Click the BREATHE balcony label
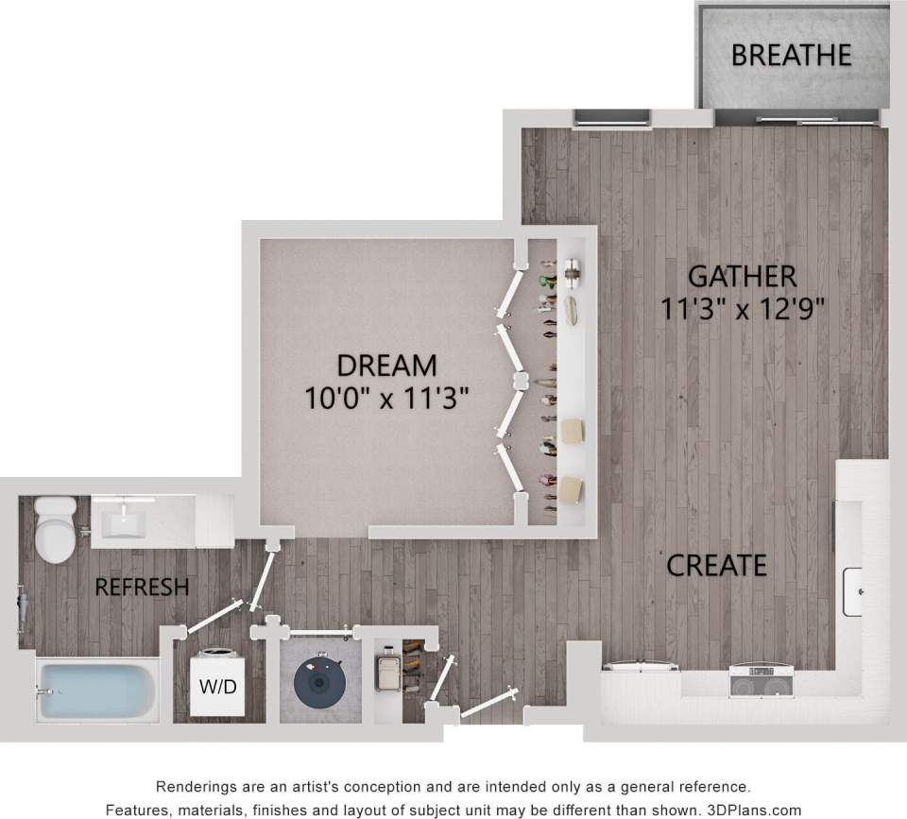click(791, 55)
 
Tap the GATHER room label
click(742, 277)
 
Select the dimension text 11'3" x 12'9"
click(742, 309)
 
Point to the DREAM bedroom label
click(387, 364)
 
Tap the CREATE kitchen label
click(716, 565)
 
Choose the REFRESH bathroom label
click(142, 588)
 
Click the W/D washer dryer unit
click(215, 685)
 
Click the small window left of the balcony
click(612, 118)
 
